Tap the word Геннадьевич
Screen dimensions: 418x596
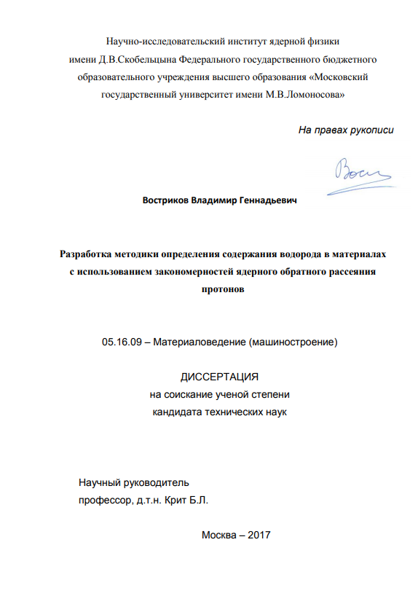point(269,199)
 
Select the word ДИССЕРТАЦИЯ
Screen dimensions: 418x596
point(219,377)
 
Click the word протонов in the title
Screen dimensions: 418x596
point(219,289)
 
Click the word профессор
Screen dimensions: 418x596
point(105,501)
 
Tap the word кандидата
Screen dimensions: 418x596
point(178,412)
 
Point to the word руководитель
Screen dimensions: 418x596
point(157,482)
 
